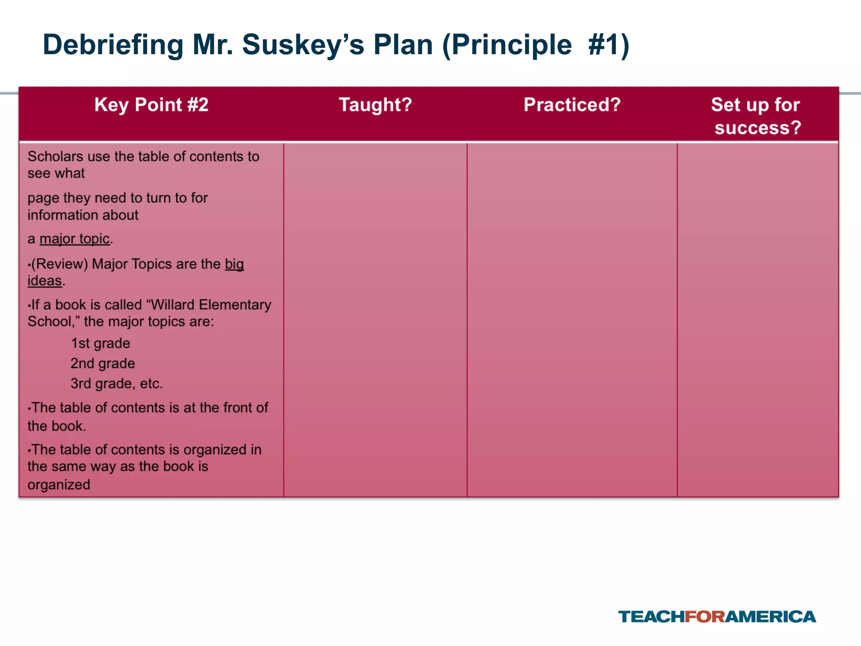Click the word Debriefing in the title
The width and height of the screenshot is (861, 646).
tap(113, 45)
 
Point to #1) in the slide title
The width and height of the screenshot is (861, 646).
tap(609, 45)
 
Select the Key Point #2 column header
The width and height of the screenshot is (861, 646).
tap(151, 105)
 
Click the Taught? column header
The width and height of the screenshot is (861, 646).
tap(375, 105)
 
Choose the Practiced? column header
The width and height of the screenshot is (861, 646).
tap(572, 105)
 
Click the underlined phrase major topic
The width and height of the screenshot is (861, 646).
tap(74, 239)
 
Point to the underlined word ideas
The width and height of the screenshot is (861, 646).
tap(45, 281)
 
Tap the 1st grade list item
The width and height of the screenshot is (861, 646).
tap(100, 343)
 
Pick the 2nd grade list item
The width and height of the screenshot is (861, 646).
tap(103, 363)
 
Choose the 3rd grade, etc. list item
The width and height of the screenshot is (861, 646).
tap(116, 384)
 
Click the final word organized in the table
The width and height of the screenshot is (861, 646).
tap(59, 484)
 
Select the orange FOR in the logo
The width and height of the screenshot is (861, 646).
tap(705, 617)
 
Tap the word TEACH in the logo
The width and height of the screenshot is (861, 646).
tap(651, 617)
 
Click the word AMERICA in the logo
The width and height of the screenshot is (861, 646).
tap(771, 617)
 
